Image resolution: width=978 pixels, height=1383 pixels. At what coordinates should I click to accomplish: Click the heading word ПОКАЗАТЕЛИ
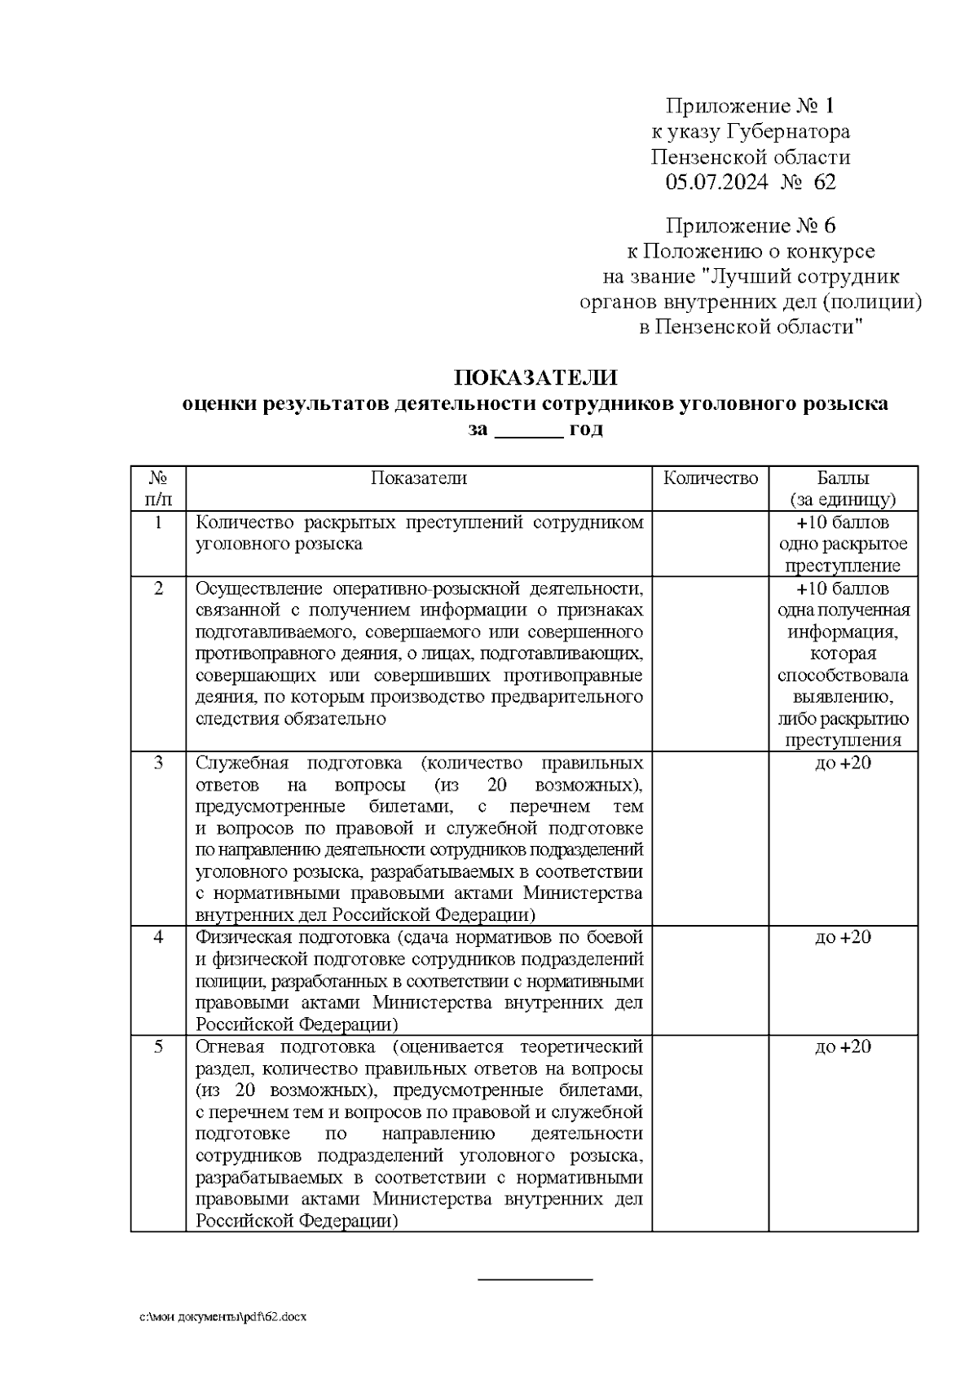tap(535, 379)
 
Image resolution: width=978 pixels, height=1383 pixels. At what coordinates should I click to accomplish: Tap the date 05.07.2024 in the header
tap(716, 182)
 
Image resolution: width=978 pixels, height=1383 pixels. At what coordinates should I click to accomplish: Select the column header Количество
tap(711, 478)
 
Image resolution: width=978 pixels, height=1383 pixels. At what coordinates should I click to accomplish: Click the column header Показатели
tap(419, 478)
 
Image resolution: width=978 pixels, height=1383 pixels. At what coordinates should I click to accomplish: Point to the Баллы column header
tap(843, 478)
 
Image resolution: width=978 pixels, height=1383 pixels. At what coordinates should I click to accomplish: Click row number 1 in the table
tap(158, 522)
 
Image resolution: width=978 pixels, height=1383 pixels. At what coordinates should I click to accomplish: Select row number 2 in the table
tap(158, 588)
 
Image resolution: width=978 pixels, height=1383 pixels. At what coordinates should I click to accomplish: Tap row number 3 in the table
tap(158, 763)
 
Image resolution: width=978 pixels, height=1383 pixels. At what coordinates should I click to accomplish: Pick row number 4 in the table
tap(158, 937)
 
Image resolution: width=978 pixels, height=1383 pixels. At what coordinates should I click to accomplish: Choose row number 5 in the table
tap(158, 1046)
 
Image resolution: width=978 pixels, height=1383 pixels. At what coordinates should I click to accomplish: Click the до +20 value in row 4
tap(843, 937)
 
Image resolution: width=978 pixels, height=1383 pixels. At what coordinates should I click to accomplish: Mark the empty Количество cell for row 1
tap(711, 544)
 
